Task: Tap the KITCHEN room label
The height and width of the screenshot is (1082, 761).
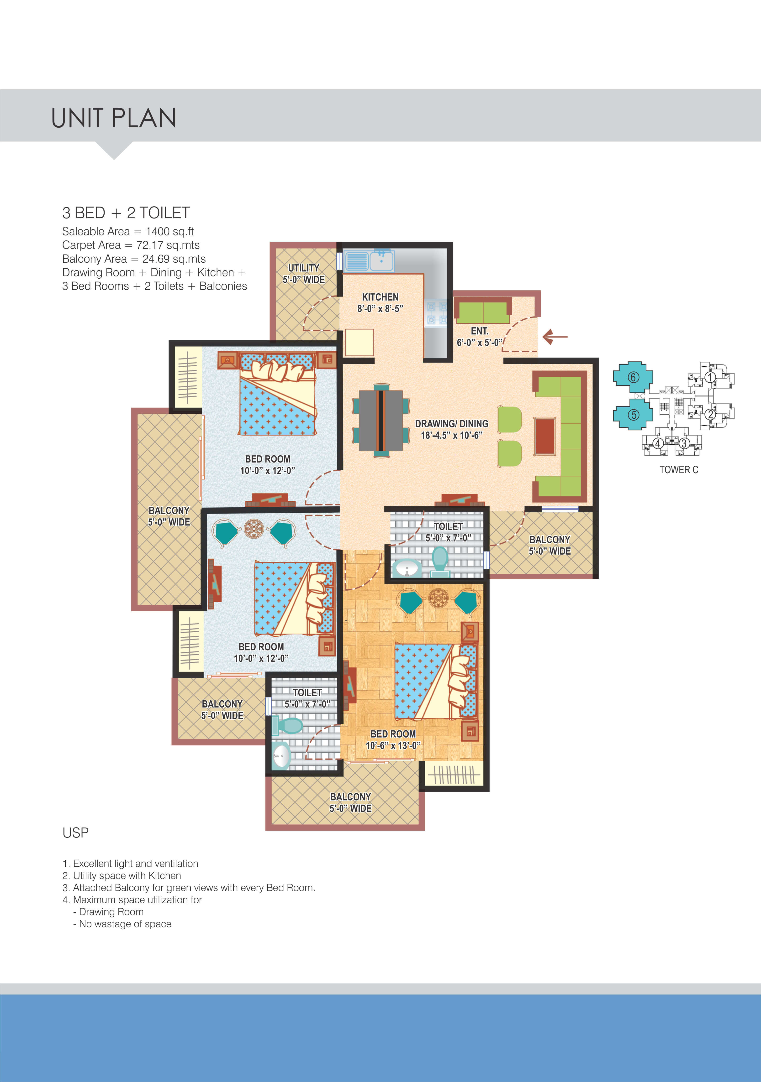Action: pyautogui.click(x=380, y=297)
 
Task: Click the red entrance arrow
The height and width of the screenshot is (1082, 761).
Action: pyautogui.click(x=555, y=337)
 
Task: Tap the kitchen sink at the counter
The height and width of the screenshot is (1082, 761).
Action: pyautogui.click(x=381, y=260)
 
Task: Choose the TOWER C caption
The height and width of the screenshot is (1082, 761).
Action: pyautogui.click(x=678, y=470)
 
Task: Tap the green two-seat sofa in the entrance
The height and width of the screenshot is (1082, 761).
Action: pyautogui.click(x=483, y=312)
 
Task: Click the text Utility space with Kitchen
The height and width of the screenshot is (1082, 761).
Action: pyautogui.click(x=126, y=876)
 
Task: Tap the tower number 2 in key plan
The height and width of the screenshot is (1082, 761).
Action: pyautogui.click(x=710, y=415)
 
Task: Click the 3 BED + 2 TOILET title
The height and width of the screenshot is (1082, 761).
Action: pyautogui.click(x=126, y=213)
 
